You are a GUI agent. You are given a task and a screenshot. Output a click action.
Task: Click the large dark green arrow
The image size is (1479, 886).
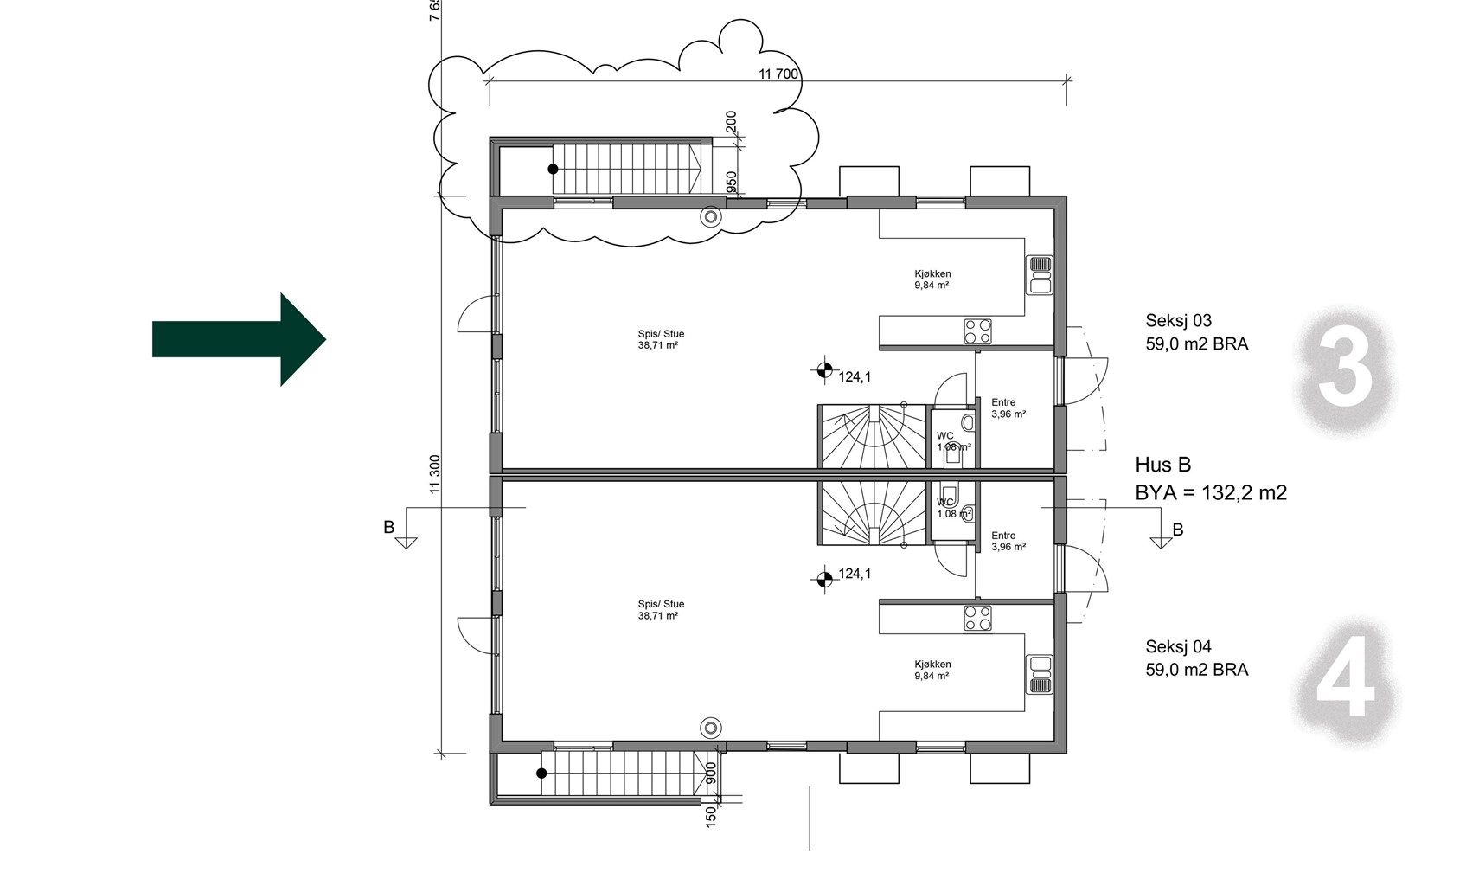[239, 339]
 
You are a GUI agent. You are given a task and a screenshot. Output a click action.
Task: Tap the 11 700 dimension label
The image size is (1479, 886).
[778, 74]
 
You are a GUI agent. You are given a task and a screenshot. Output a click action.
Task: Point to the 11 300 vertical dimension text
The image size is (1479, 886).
[434, 474]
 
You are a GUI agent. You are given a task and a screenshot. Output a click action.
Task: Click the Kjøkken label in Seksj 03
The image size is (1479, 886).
[932, 273]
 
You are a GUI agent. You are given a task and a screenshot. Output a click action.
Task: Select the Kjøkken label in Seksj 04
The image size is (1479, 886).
[932, 664]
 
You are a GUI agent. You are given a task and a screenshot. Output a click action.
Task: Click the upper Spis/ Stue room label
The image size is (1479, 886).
[661, 334]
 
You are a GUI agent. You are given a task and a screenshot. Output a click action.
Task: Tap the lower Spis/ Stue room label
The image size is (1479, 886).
[661, 604]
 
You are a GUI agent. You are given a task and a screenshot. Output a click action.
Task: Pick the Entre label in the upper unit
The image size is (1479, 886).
[1003, 401]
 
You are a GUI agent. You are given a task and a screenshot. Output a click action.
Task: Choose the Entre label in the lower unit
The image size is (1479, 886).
[1003, 536]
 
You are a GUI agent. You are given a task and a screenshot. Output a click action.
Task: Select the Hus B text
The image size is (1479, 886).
[1163, 465]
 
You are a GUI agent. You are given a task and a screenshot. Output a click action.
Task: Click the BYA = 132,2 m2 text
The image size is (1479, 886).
[1211, 493]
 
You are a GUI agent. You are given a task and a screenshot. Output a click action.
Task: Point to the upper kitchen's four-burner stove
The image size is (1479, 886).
[977, 331]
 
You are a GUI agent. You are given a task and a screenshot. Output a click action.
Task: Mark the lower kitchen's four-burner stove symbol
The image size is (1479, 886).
[977, 618]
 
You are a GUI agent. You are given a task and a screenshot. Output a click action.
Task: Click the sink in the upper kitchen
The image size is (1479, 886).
[1040, 275]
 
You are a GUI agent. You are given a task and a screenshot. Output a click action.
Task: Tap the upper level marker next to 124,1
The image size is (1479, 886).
[824, 370]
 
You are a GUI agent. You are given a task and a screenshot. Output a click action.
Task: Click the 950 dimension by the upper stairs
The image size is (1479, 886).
[731, 182]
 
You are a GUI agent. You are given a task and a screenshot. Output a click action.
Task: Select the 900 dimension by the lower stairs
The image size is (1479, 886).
[710, 774]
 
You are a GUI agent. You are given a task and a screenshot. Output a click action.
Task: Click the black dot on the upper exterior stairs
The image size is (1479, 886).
[554, 169]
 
